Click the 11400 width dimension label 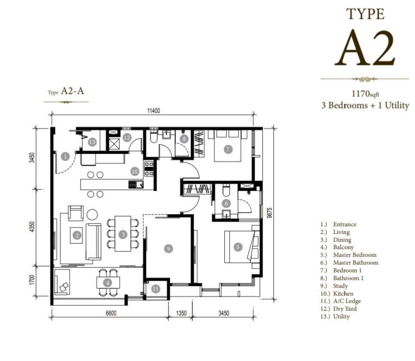coord(154,111)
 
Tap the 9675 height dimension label coord(269,213)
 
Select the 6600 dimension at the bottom coord(111,313)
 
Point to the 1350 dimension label coord(181,313)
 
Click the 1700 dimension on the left coord(32,280)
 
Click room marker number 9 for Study coord(168,249)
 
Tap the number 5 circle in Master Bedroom coord(238,247)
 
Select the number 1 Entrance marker coord(65,157)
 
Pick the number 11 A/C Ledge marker coord(156,289)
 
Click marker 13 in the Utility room coord(92,142)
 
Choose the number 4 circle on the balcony coord(108,283)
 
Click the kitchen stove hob coord(149,169)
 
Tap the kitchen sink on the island coord(136,184)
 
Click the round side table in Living coord(92,214)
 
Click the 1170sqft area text coord(365,94)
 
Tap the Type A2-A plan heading coord(66,91)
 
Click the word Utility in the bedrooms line coord(397,105)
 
